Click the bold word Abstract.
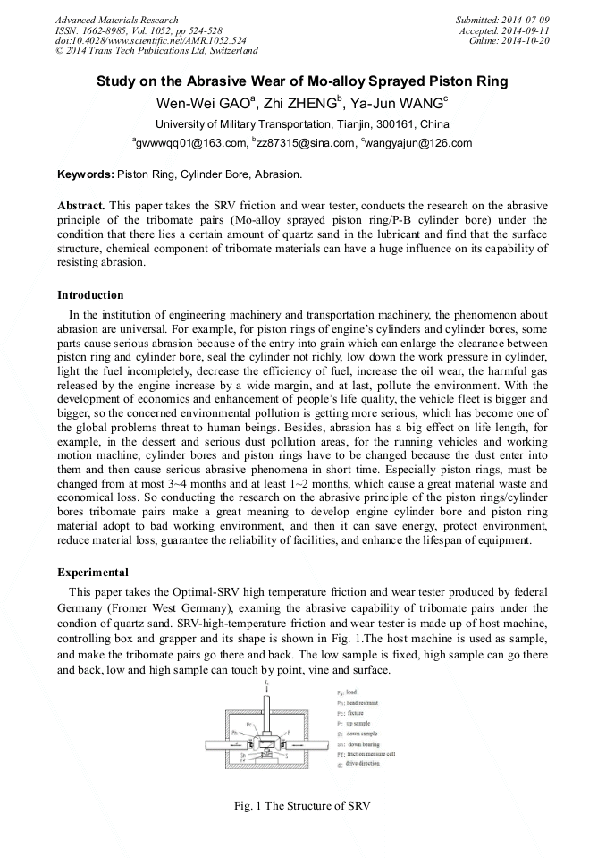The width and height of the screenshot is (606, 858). click(83, 205)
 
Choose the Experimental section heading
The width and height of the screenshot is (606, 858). click(93, 572)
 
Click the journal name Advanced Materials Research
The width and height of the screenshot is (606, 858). click(116, 20)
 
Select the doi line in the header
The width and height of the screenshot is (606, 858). click(150, 41)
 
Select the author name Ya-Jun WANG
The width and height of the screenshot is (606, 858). click(397, 103)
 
